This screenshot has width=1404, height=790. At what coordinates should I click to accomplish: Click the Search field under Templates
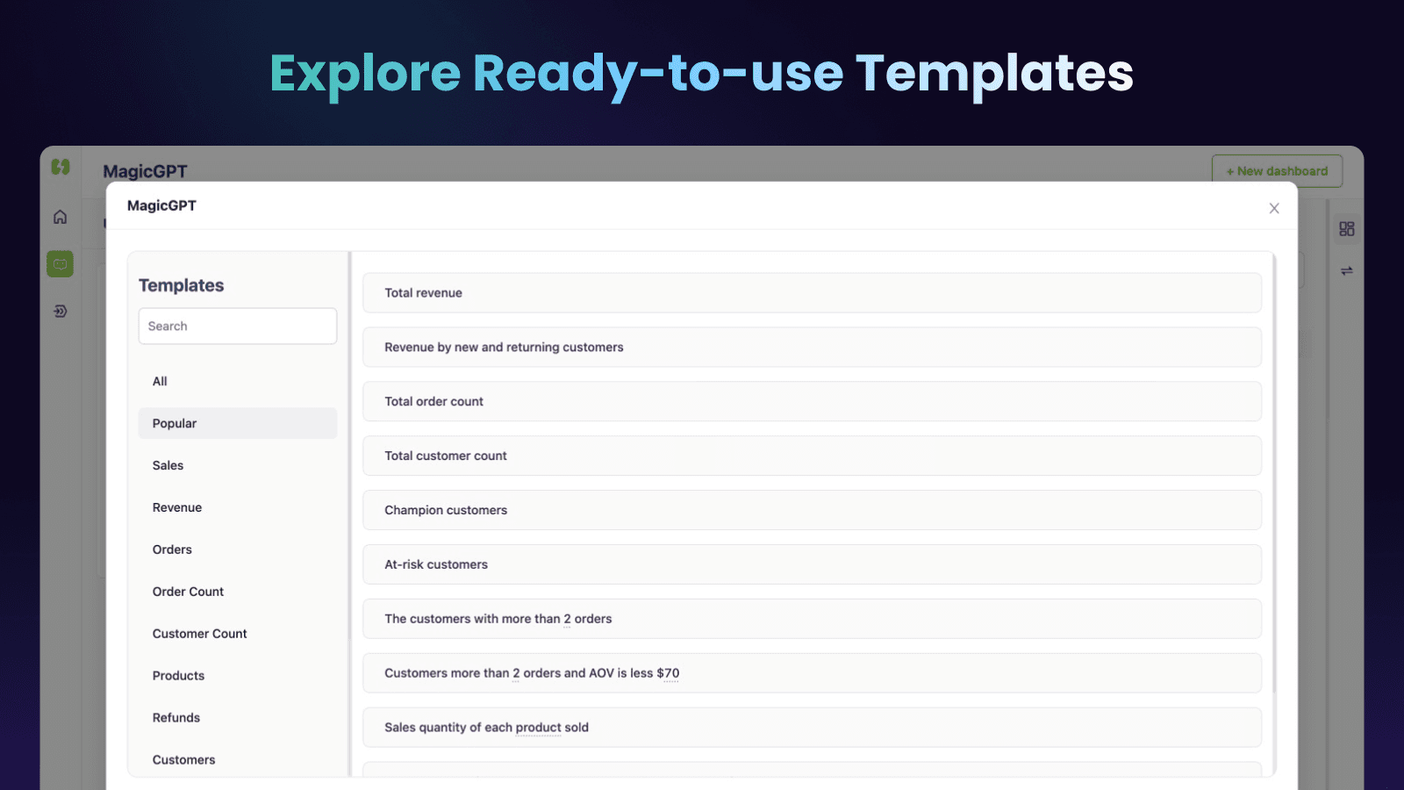coord(237,326)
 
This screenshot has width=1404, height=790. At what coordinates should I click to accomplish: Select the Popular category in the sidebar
coord(175,423)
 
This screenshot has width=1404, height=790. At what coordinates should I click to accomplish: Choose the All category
coord(160,381)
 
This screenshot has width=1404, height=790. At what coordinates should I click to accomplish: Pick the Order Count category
coord(188,592)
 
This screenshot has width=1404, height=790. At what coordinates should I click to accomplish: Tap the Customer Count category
coord(199,634)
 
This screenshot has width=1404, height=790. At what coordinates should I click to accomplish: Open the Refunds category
coord(176,718)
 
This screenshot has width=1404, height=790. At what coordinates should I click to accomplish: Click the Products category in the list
coord(178,676)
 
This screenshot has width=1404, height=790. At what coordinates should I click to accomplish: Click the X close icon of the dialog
coord(1274,208)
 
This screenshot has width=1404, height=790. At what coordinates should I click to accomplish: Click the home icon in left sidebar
coord(60,217)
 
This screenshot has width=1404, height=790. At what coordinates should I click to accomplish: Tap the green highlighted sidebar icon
coord(60,263)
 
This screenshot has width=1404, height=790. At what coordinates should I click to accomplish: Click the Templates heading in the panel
coord(181,285)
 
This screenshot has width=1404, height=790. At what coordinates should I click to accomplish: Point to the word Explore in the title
coord(365,74)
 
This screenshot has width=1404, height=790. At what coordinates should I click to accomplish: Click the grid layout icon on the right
coord(1347,229)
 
